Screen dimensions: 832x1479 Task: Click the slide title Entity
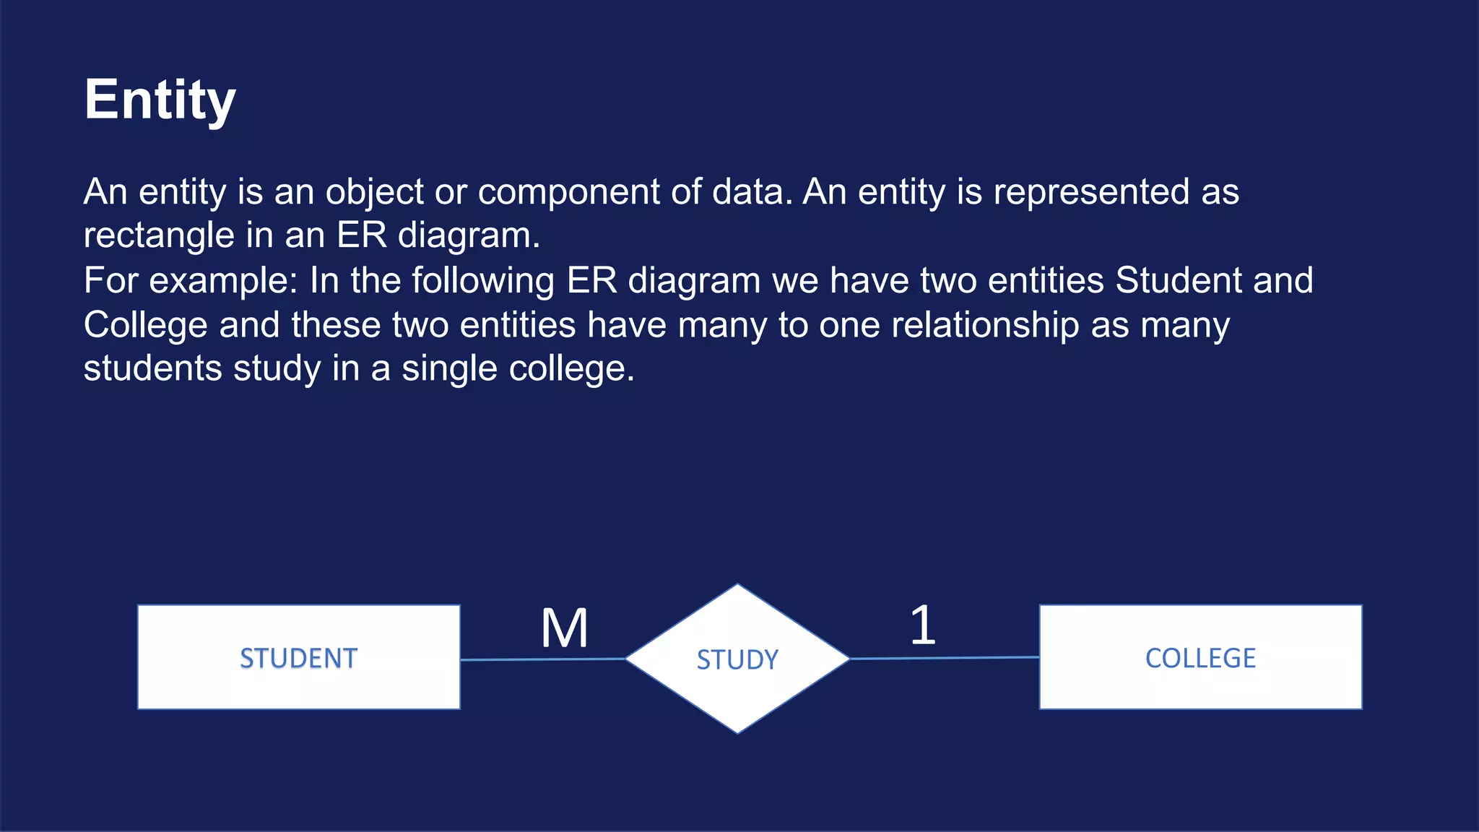point(160,100)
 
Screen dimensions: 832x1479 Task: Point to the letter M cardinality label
point(565,628)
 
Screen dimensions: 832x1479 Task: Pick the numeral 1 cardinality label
point(922,625)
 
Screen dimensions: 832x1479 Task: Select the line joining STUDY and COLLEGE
point(945,658)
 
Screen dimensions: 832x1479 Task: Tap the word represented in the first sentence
point(1090,192)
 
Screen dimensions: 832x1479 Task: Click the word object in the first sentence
point(374,192)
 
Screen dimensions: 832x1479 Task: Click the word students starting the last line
point(152,369)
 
